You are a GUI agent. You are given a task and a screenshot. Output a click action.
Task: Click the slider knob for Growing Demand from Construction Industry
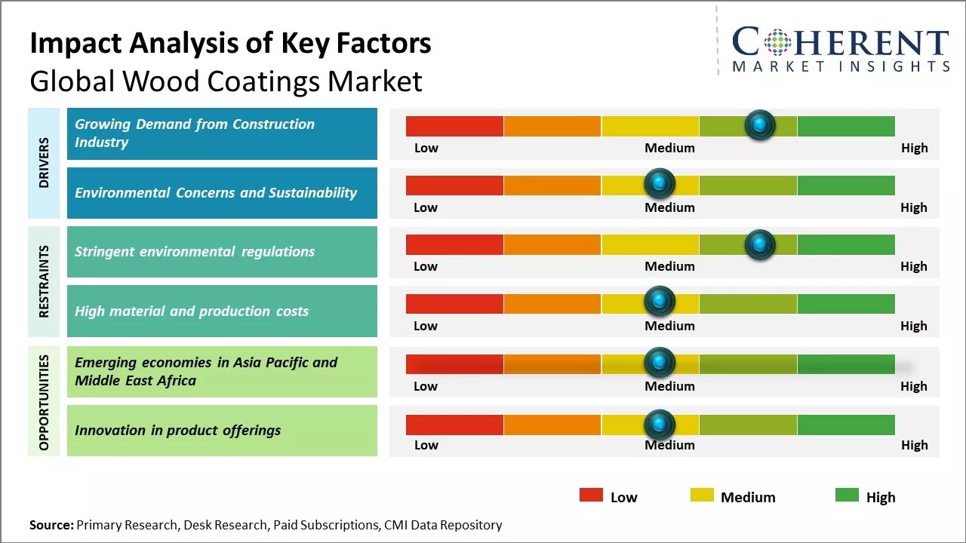point(759,124)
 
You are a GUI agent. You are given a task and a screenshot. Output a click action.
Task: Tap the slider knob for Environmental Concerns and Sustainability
point(660,184)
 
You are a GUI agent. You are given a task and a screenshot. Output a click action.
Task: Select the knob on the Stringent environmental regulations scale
point(759,244)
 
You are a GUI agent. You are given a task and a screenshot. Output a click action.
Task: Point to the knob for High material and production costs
point(660,302)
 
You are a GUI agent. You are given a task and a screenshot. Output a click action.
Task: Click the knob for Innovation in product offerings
point(660,424)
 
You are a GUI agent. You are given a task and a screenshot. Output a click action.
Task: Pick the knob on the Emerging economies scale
point(660,363)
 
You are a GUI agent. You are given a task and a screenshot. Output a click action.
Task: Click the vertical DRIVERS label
point(44,163)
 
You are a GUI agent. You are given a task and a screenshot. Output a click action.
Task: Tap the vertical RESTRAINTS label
point(44,281)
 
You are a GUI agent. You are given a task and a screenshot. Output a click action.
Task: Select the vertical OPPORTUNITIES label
point(44,402)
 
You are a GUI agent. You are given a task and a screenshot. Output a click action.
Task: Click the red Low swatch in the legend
point(591,495)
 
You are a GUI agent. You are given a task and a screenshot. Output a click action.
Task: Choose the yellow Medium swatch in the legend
point(702,495)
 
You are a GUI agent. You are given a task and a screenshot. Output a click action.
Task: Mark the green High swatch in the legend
point(847,495)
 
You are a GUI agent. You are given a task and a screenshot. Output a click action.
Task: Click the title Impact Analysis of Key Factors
point(230,44)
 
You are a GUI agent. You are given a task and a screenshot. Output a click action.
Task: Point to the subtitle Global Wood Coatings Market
point(226,81)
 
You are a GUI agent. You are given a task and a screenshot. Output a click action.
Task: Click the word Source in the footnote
point(51,525)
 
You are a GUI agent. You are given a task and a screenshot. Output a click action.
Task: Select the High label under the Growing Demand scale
point(914,148)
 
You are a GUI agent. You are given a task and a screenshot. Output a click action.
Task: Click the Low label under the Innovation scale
point(426,445)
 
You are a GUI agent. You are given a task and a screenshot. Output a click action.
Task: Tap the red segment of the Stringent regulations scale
point(454,244)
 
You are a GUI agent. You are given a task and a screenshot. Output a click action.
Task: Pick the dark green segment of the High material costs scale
point(845,303)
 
